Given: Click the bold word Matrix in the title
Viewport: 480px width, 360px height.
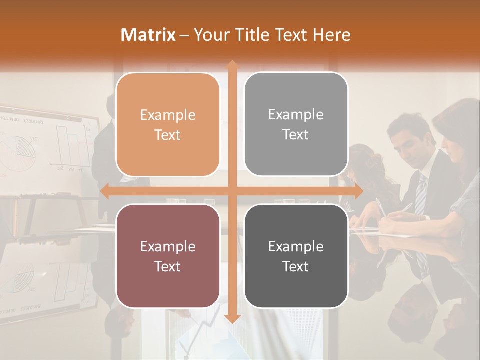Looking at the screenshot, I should click(x=148, y=35).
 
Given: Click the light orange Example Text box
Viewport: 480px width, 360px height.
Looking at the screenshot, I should click(x=168, y=124).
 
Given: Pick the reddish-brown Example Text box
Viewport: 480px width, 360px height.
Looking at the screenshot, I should click(x=168, y=256).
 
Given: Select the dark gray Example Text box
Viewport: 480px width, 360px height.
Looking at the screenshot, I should click(x=296, y=256).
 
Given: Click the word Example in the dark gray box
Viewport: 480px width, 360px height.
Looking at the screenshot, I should click(x=296, y=246).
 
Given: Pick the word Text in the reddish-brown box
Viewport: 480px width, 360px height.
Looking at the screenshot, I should click(x=168, y=266).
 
